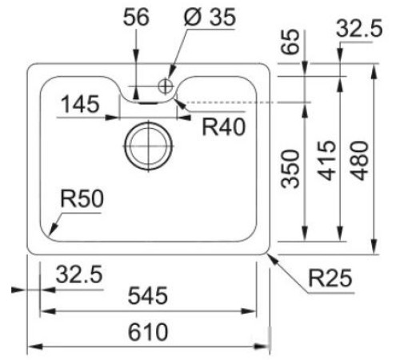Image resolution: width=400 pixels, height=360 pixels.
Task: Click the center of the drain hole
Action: click(146, 144)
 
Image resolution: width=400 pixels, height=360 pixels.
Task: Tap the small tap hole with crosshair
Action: click(166, 85)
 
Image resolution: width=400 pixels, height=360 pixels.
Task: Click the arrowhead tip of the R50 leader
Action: click(50, 233)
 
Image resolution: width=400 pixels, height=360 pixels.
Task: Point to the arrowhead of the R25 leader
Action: click(270, 254)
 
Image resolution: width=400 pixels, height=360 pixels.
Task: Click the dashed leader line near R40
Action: click(240, 102)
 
